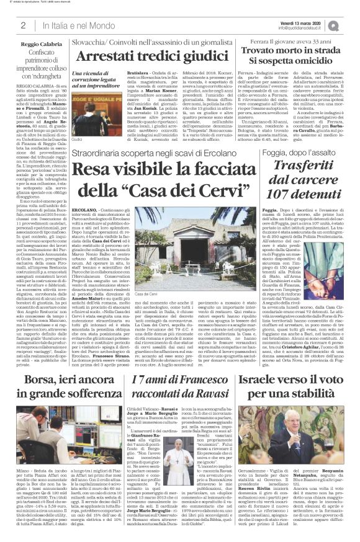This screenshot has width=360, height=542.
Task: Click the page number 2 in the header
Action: click(x=23, y=25)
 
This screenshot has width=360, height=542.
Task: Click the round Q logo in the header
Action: click(x=351, y=25)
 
